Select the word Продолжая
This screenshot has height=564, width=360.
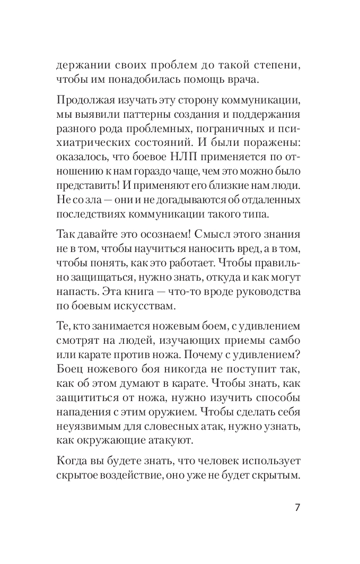click(87, 102)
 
